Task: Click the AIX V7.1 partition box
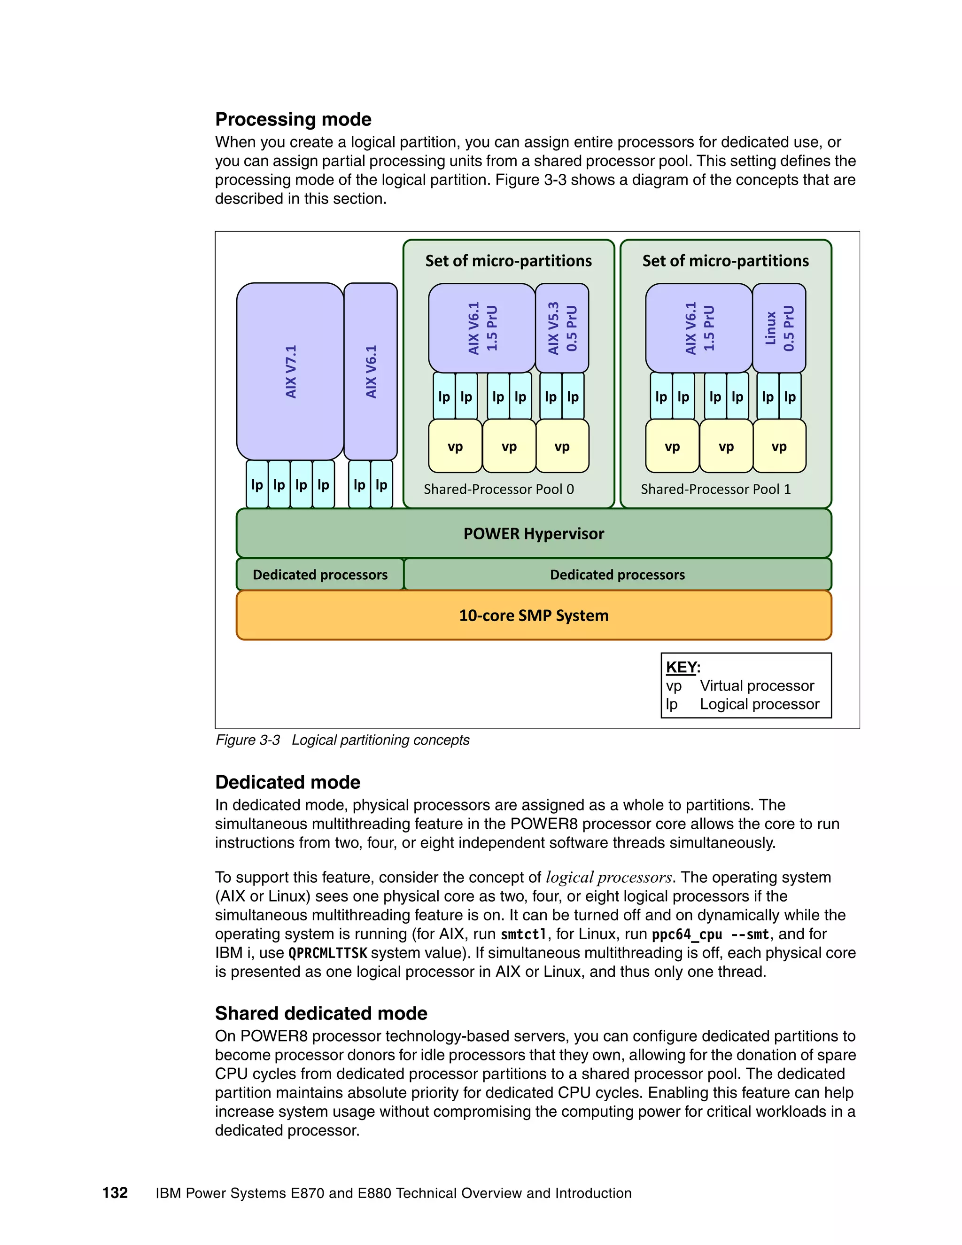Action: click(x=290, y=371)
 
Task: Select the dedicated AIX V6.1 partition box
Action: click(x=371, y=371)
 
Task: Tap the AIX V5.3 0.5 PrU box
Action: click(x=562, y=328)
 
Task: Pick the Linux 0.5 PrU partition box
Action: click(x=779, y=328)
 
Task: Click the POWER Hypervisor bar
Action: click(x=534, y=534)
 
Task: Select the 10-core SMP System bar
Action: click(x=534, y=615)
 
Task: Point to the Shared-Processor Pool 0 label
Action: click(x=499, y=489)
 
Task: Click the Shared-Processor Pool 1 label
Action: click(x=716, y=489)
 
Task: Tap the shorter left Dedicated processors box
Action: click(x=320, y=575)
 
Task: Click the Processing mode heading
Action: click(x=293, y=119)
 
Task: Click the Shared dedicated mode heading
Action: click(x=321, y=1013)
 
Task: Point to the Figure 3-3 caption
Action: click(x=342, y=740)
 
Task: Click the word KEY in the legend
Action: click(x=681, y=667)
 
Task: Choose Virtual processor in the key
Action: click(x=756, y=686)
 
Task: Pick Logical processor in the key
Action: click(x=759, y=704)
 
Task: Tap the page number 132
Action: click(x=115, y=1193)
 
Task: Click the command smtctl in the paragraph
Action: click(x=524, y=934)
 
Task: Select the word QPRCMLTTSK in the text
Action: click(x=328, y=953)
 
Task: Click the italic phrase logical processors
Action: click(x=609, y=877)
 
